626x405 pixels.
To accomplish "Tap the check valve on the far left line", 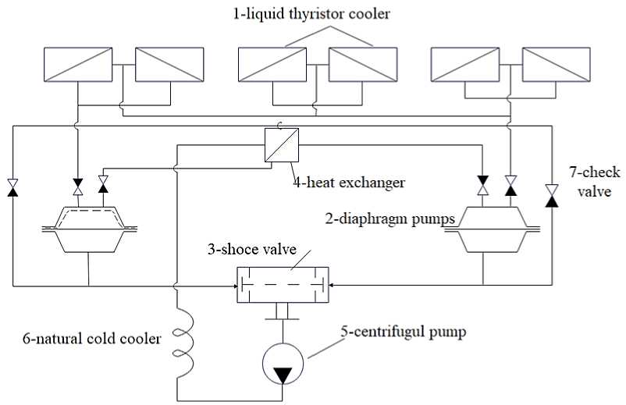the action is [x=13, y=187].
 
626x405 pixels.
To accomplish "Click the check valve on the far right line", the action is [x=552, y=195].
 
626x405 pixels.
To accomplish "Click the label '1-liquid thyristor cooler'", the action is [x=311, y=14].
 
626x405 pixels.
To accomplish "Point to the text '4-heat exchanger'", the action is [x=349, y=183].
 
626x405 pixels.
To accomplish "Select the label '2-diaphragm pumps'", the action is [x=390, y=218].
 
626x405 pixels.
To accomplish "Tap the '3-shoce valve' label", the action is [x=252, y=250].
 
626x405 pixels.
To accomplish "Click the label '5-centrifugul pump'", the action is [x=404, y=332].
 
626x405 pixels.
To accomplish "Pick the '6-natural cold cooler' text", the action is [x=92, y=339].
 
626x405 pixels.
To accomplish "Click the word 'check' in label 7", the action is [x=599, y=172].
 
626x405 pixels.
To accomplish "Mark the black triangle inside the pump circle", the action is [x=283, y=375].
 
